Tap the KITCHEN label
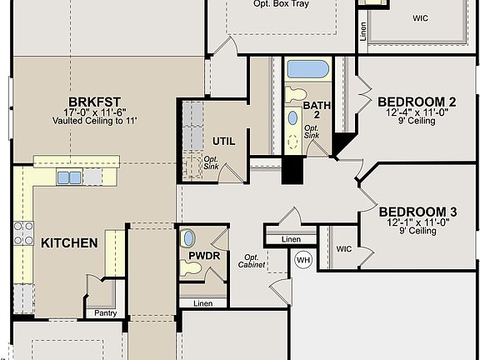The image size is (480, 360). pyautogui.click(x=69, y=243)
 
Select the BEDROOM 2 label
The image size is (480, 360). pyautogui.click(x=416, y=102)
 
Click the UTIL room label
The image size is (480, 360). pyautogui.click(x=223, y=141)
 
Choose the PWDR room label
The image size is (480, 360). pyautogui.click(x=204, y=256)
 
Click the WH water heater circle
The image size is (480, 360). pyautogui.click(x=302, y=259)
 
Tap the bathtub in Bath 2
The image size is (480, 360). pyautogui.click(x=307, y=69)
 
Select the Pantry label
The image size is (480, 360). pyautogui.click(x=106, y=313)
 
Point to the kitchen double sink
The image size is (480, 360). pyautogui.click(x=69, y=177)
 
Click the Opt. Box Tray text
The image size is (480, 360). pyautogui.click(x=281, y=4)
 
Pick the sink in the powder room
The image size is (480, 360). pyautogui.click(x=188, y=238)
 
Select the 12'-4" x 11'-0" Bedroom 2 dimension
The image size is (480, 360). pyautogui.click(x=416, y=113)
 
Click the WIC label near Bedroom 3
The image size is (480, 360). pyautogui.click(x=345, y=249)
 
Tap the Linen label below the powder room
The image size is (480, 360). pyautogui.click(x=203, y=302)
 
